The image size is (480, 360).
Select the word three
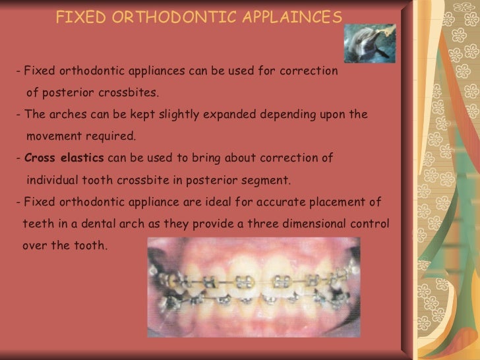point(261,224)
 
